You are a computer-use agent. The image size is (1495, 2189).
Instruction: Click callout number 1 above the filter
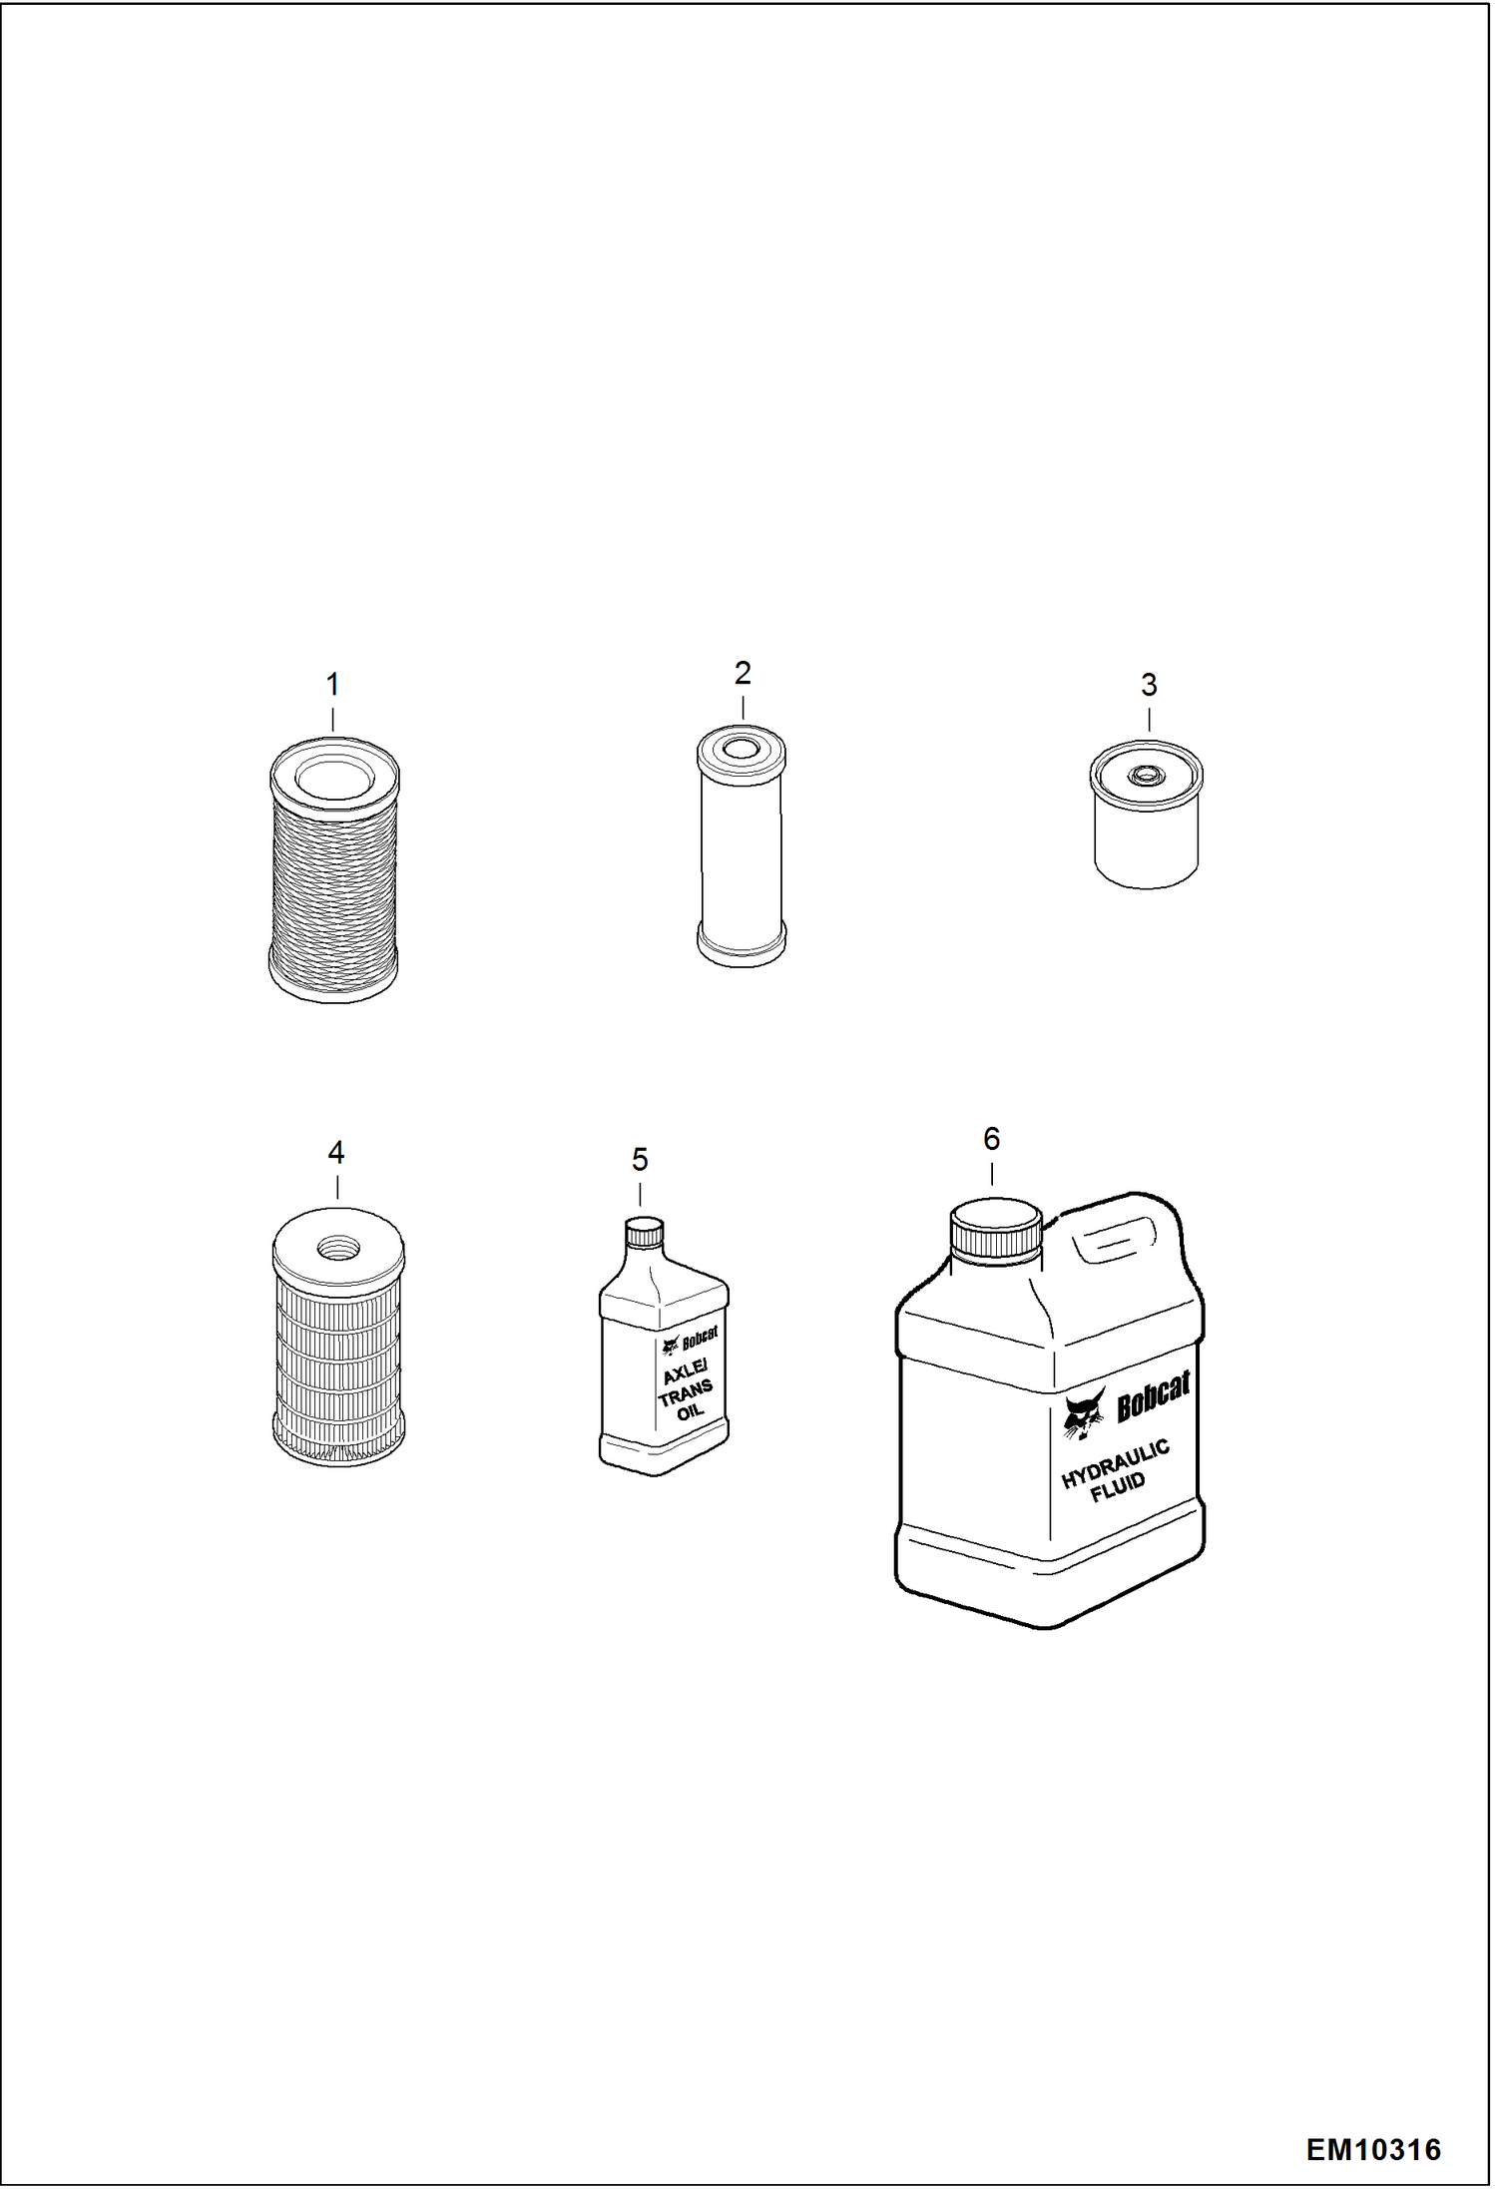(332, 685)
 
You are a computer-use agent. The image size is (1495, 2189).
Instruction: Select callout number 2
(743, 674)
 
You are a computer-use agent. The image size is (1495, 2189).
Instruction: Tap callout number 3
(1149, 685)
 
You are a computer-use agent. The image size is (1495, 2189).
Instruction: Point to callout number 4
(336, 1153)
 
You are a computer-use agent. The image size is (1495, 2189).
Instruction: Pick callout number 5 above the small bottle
(640, 1160)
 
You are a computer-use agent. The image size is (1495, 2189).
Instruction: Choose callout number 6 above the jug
(991, 1139)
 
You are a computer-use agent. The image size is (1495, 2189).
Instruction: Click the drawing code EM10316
(1373, 2149)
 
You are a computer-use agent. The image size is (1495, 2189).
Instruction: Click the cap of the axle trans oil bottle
(644, 1234)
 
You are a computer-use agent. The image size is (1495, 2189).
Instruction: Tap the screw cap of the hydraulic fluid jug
(995, 1230)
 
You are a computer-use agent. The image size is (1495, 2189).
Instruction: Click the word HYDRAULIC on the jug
(1115, 1464)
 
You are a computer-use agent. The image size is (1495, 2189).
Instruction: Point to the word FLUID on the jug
(1119, 1488)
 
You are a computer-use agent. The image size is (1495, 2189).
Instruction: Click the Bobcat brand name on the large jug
(1153, 1397)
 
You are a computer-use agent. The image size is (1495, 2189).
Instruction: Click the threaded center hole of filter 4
(338, 1247)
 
